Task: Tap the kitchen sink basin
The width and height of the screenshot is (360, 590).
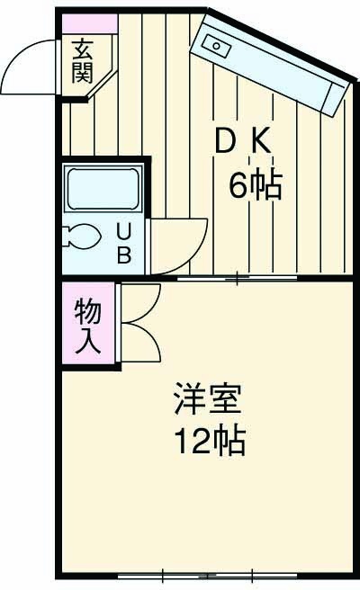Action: pyautogui.click(x=217, y=44)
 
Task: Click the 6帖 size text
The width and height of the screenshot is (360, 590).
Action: pyautogui.click(x=256, y=185)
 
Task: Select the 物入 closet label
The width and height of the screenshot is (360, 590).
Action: pyautogui.click(x=88, y=326)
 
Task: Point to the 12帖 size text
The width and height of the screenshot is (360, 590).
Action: pyautogui.click(x=209, y=441)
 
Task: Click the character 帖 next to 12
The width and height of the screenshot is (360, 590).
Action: pyautogui.click(x=230, y=441)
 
